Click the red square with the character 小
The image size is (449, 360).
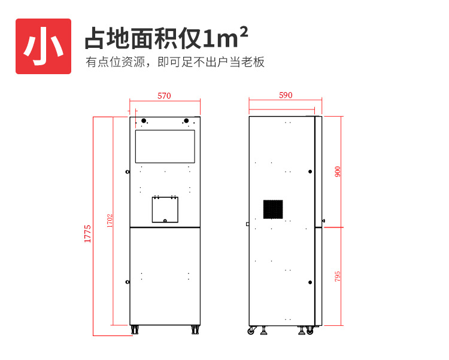coord(43,47)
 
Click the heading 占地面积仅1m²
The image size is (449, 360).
coord(166,39)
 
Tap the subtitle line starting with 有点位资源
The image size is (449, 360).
coord(175,62)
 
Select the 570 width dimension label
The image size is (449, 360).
coord(164,96)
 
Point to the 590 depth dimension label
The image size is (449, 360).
coord(286,96)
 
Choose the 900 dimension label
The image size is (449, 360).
coord(338,172)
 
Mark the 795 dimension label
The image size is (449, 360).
coord(338,276)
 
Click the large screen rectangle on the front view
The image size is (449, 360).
coord(165,147)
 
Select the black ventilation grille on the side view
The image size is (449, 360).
coord(273,209)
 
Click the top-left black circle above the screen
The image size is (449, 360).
coord(144,121)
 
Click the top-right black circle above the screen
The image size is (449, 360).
coord(187,121)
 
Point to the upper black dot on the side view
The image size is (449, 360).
coord(310,172)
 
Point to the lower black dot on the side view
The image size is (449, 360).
coord(310,282)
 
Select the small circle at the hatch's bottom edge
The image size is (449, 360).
coord(165,221)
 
